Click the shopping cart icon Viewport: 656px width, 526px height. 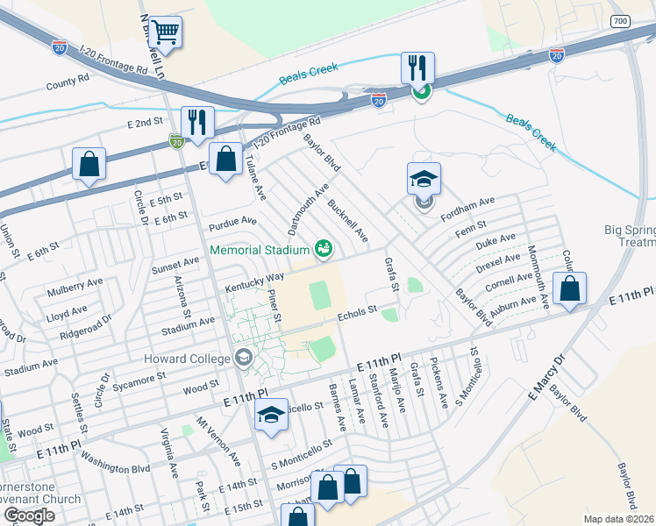pos(165,32)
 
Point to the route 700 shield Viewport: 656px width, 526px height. pos(620,21)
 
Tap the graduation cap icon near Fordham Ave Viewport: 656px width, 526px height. pos(424,180)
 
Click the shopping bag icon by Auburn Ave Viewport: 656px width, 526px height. pos(569,288)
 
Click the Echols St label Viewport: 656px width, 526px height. pos(356,309)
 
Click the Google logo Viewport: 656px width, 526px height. pos(29,515)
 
